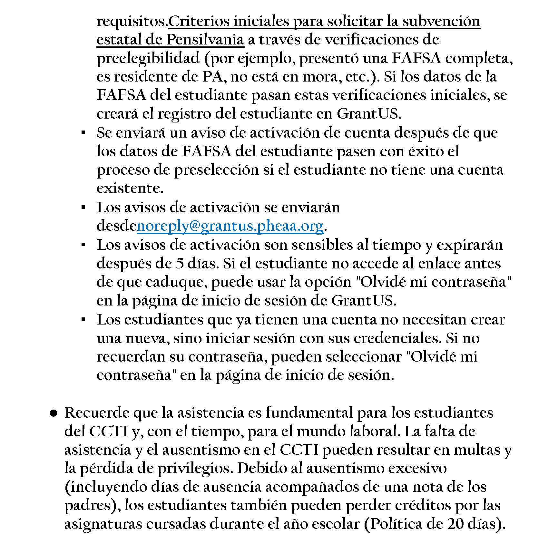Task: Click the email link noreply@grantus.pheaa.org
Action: [230, 226]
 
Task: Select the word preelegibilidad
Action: [148, 58]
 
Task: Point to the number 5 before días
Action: [180, 263]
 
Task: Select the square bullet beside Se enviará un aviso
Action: [83, 133]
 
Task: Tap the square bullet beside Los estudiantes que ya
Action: [83, 320]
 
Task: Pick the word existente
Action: [130, 189]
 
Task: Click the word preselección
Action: [216, 170]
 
